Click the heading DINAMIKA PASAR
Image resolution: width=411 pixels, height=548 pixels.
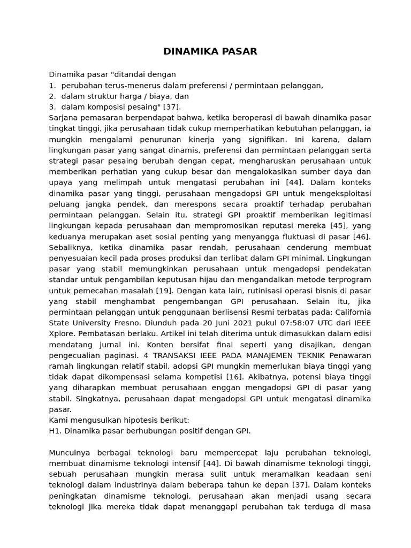pyautogui.click(x=210, y=51)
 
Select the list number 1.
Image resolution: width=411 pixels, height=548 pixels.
pyautogui.click(x=52, y=85)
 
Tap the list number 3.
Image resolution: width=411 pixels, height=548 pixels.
pyautogui.click(x=52, y=106)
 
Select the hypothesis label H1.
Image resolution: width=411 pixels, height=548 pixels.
pyautogui.click(x=56, y=431)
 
